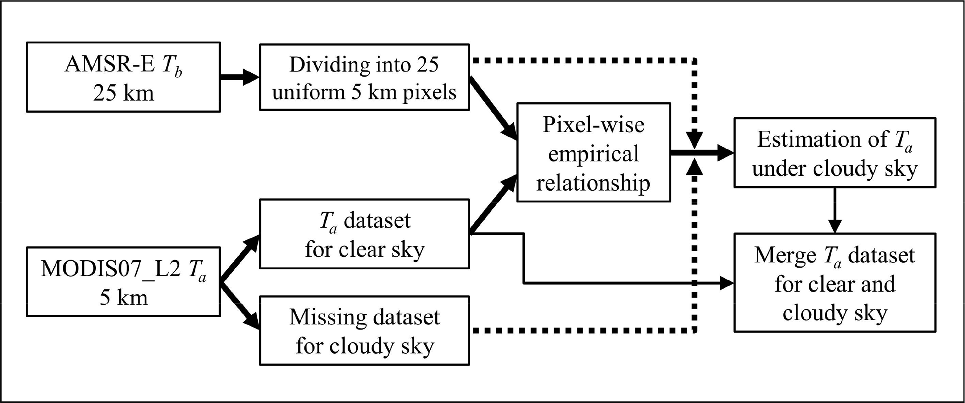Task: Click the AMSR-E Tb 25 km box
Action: (123, 77)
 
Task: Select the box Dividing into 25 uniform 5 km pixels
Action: (364, 77)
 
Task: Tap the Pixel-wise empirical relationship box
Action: (593, 152)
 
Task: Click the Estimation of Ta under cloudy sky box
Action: (834, 152)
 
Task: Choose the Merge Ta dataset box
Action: (834, 282)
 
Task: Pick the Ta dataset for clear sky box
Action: (364, 234)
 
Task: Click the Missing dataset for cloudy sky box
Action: (364, 330)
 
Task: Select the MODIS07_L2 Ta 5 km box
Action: (123, 281)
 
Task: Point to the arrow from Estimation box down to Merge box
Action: (835, 210)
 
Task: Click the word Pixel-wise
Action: (593, 125)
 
